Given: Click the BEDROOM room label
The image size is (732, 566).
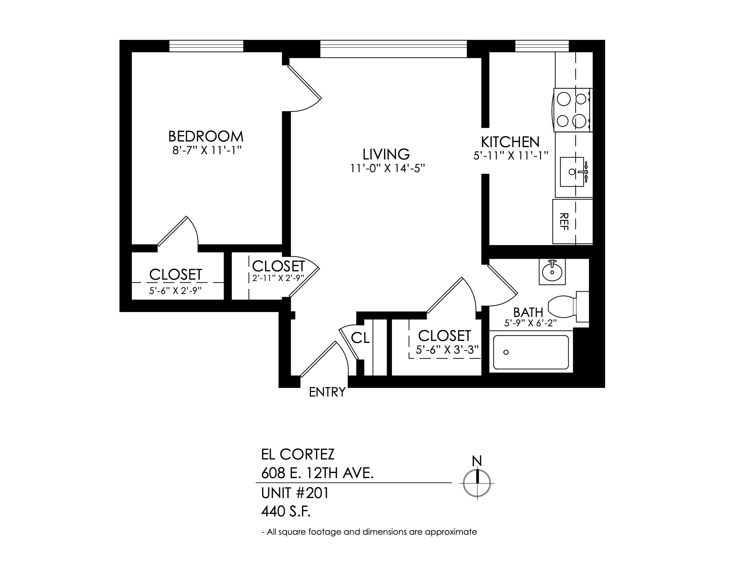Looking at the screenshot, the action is pos(205,137).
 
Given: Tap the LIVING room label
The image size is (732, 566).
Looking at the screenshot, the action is pos(386,154).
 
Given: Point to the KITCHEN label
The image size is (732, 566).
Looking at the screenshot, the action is pos(510,142).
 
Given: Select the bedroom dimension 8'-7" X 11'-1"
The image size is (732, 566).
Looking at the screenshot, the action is pos(207,151).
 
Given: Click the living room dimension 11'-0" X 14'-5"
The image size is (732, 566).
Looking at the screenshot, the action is pos(388,168).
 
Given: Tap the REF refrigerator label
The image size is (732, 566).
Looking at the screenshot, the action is pos(564,222).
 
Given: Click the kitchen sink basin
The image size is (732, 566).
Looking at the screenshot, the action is pos(573,172).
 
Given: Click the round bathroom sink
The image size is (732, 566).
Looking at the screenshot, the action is pos(552,272).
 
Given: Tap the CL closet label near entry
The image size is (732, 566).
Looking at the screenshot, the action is pos(360,338).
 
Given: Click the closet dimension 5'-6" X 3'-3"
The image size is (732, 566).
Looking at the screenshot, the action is pos(447,350).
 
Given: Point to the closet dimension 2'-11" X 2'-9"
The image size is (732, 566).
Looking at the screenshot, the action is pos(278,278).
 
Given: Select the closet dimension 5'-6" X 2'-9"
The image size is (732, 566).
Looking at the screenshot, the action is pos(175,290).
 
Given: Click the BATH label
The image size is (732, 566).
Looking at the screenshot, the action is pos(528,313).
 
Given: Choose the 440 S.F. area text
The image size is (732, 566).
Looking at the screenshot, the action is pos(286,512).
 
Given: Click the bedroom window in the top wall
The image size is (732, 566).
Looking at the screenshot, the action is pos(206,46).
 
